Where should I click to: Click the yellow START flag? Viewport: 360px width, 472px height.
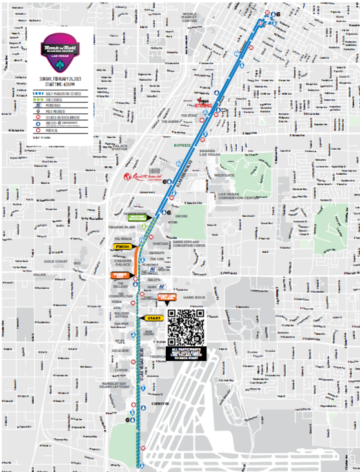point(154,318)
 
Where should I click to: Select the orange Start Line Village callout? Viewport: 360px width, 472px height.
point(167,297)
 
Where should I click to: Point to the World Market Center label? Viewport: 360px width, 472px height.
point(189,18)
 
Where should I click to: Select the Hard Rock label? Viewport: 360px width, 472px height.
point(193,297)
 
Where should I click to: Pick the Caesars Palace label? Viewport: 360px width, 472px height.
point(123,262)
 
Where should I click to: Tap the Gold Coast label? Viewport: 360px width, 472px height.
point(56,261)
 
